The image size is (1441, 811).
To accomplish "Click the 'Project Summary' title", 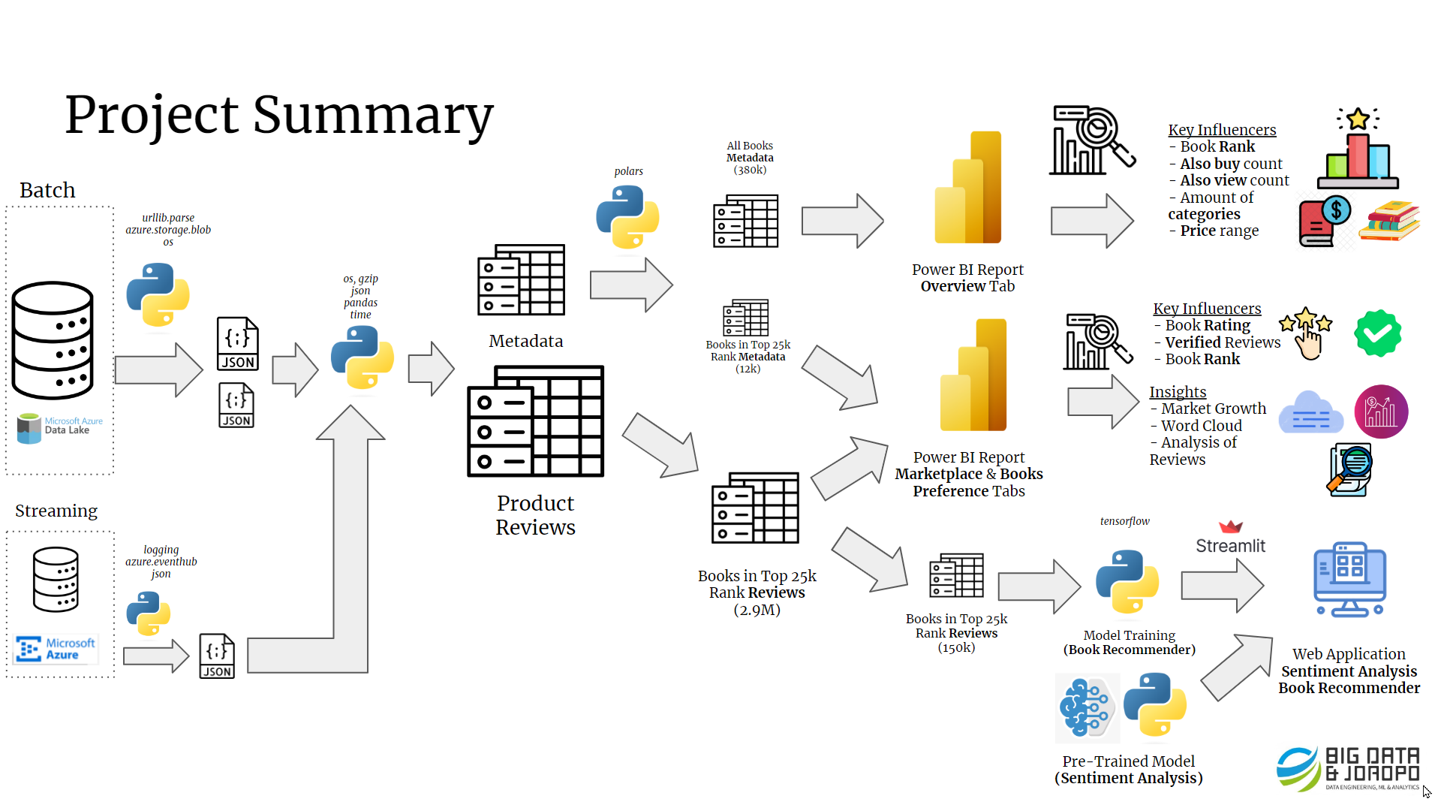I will pyautogui.click(x=279, y=116).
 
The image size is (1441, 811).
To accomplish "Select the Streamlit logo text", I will pyautogui.click(x=1230, y=546).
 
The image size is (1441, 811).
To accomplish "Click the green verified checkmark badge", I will pyautogui.click(x=1378, y=333).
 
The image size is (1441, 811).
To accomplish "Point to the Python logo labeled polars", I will pyautogui.click(x=627, y=217).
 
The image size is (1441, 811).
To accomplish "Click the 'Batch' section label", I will pyautogui.click(x=47, y=190).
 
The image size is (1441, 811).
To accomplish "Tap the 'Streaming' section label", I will pyautogui.click(x=56, y=511).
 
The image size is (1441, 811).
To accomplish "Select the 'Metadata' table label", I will pyautogui.click(x=525, y=341).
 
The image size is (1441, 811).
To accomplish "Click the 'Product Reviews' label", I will pyautogui.click(x=535, y=515).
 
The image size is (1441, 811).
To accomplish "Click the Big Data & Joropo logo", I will pyautogui.click(x=1348, y=768).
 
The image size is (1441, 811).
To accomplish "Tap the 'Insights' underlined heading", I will pyautogui.click(x=1178, y=392).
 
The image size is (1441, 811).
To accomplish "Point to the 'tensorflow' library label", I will pyautogui.click(x=1124, y=521).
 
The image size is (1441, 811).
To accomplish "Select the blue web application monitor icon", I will pyautogui.click(x=1349, y=580).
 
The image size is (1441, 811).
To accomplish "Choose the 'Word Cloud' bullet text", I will pyautogui.click(x=1201, y=426).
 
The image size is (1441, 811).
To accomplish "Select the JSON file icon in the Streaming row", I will pyautogui.click(x=217, y=656).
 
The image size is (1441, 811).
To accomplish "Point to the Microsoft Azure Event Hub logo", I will pyautogui.click(x=56, y=649).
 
